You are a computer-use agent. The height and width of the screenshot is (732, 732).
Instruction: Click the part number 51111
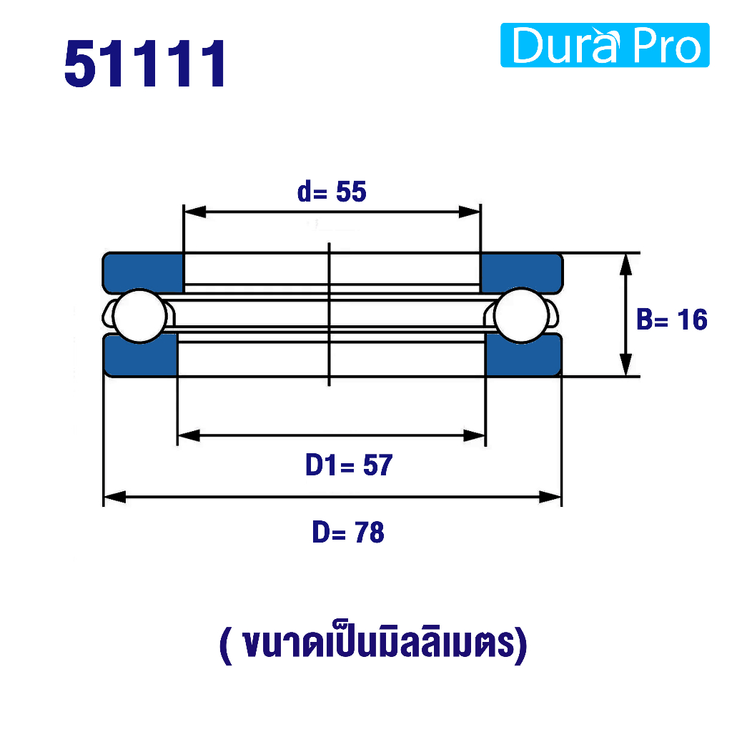coord(145,64)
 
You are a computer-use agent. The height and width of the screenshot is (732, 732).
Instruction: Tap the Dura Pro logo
coord(605,45)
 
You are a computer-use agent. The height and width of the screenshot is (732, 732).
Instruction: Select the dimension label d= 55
coord(332,192)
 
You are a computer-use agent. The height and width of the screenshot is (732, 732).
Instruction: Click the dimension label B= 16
coord(672,320)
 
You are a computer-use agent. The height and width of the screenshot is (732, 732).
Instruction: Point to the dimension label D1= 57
coord(349,465)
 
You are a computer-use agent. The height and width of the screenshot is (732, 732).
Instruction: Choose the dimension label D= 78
coord(348,532)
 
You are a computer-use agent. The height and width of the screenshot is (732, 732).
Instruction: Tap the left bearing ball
coord(140,316)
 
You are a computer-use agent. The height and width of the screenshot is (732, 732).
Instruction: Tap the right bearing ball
coord(521,315)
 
